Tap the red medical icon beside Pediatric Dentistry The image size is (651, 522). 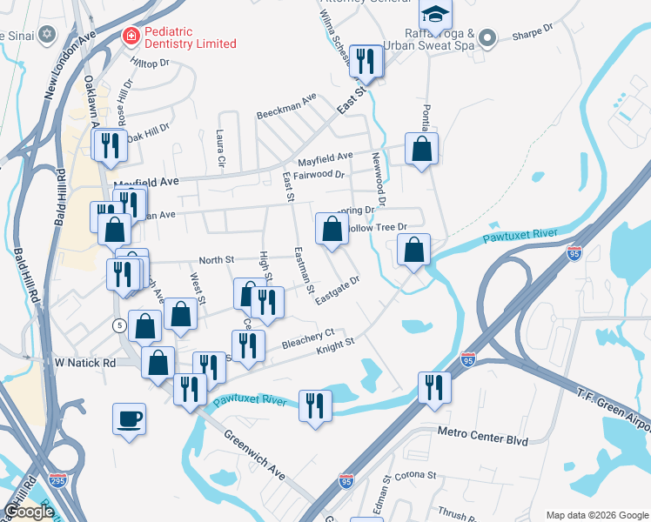coord(129,37)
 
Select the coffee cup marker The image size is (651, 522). coord(129,419)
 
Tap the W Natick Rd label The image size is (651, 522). coord(84,361)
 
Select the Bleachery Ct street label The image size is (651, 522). coord(308,338)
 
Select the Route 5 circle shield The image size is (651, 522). coord(119,325)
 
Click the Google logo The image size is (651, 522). coord(29,512)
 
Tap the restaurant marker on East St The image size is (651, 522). coord(366,61)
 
